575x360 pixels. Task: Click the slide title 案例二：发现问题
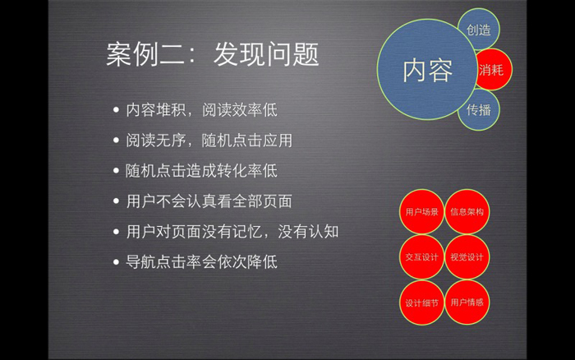[x=212, y=54]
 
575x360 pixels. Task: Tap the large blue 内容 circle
[x=427, y=70]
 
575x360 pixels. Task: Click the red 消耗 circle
[x=493, y=69]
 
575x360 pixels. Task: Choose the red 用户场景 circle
[x=421, y=212]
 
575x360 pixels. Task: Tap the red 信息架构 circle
[x=467, y=212]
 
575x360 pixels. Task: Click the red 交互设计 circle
[x=421, y=257]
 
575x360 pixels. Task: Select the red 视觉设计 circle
[x=467, y=257]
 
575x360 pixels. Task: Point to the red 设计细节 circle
[x=421, y=302]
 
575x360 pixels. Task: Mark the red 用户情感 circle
[x=467, y=302]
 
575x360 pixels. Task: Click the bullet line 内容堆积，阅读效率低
[x=202, y=109]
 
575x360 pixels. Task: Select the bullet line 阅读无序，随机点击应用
[x=209, y=141]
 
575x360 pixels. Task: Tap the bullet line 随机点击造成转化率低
[x=202, y=171]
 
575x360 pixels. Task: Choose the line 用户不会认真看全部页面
[x=209, y=201]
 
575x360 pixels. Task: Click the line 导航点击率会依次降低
[x=202, y=262]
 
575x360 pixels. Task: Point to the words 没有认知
[x=308, y=232]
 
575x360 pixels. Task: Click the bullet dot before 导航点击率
[x=117, y=262]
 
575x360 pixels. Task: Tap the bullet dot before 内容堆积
[x=117, y=109]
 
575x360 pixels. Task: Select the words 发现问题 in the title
[x=266, y=54]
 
